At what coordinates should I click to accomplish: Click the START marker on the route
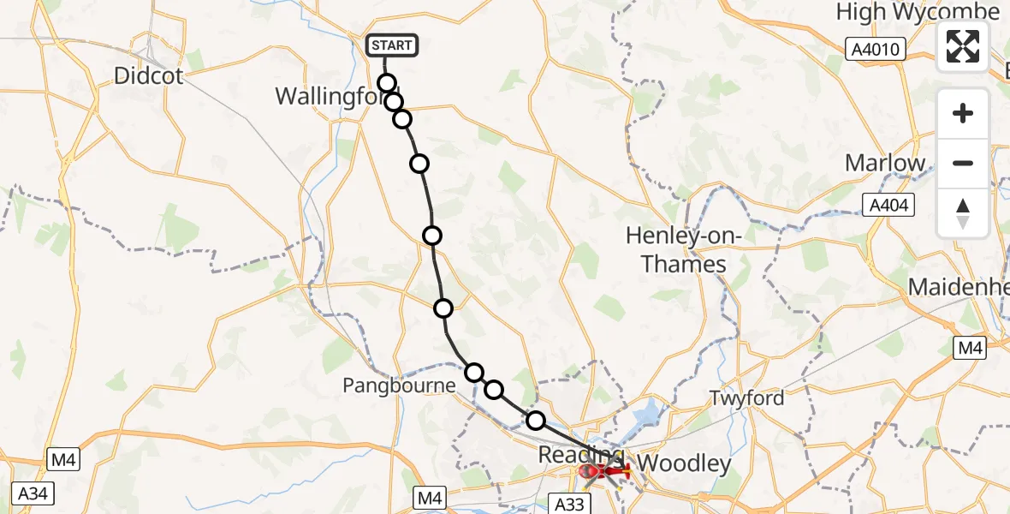click(x=392, y=45)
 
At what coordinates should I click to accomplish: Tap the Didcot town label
click(x=149, y=76)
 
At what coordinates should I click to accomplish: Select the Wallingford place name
click(x=330, y=96)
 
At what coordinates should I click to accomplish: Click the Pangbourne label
click(x=399, y=385)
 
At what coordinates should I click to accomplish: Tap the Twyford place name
click(x=746, y=398)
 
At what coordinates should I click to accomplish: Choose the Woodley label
click(x=686, y=464)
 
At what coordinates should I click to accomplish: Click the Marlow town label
click(x=885, y=163)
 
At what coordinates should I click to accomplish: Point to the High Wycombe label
click(x=918, y=12)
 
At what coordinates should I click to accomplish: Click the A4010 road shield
click(x=876, y=50)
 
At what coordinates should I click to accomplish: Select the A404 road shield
click(x=889, y=205)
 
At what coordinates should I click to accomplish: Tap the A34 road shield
click(x=29, y=493)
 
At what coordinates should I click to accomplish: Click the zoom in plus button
click(x=963, y=113)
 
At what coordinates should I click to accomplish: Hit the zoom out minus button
click(x=963, y=163)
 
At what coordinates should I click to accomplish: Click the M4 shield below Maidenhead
click(x=970, y=347)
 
